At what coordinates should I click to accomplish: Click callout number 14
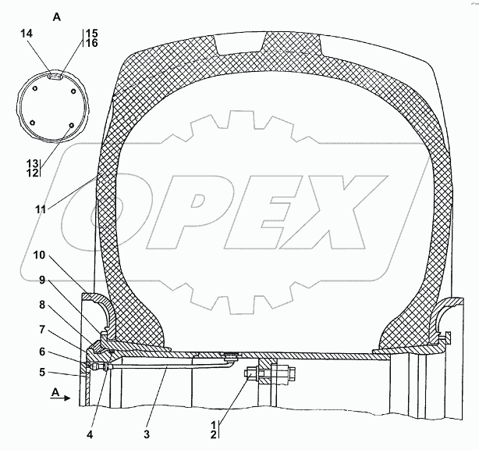(x=27, y=34)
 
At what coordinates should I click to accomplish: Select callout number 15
(x=91, y=33)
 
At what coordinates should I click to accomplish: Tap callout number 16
(x=91, y=43)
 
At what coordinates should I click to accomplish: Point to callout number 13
(x=33, y=163)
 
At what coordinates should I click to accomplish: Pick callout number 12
(x=33, y=173)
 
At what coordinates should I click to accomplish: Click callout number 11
(x=41, y=210)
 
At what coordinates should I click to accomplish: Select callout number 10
(x=39, y=255)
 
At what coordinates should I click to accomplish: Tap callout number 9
(x=42, y=280)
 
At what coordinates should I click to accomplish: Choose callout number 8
(x=42, y=305)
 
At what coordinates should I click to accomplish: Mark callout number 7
(x=42, y=330)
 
